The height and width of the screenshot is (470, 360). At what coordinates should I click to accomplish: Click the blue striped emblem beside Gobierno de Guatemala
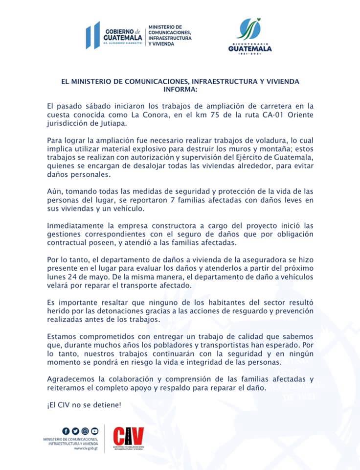click(x=92, y=35)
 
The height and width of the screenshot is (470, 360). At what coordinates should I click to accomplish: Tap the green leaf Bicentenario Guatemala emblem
click(x=249, y=30)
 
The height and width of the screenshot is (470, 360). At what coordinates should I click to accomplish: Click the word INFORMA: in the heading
click(x=180, y=90)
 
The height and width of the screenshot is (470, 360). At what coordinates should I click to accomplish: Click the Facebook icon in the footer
click(x=66, y=431)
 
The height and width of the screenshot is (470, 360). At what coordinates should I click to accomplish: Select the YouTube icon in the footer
click(x=94, y=431)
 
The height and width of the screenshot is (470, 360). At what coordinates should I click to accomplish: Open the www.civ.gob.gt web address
click(x=84, y=448)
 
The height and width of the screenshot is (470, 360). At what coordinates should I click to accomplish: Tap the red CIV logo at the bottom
click(x=128, y=436)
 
